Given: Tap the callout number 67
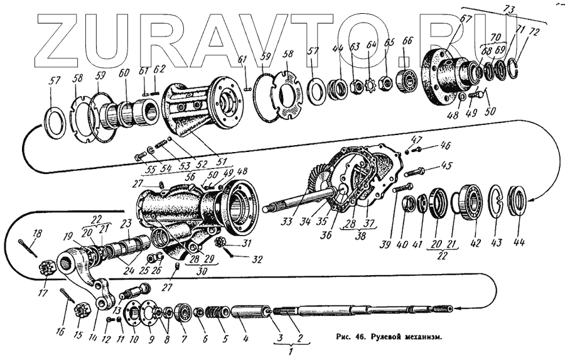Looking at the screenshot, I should tap(466, 19).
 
